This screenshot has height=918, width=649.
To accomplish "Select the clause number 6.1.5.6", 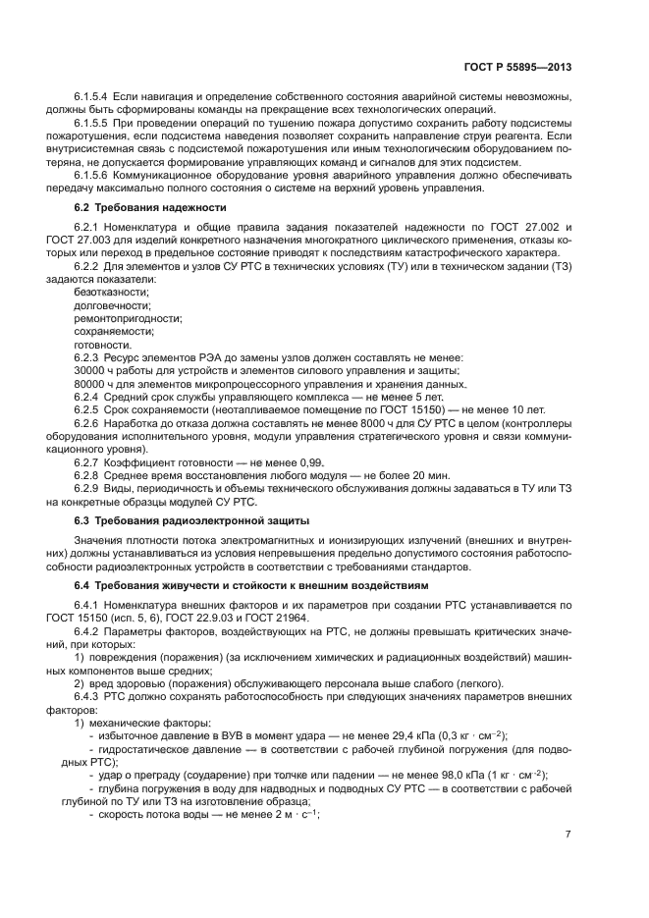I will point(94,175).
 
